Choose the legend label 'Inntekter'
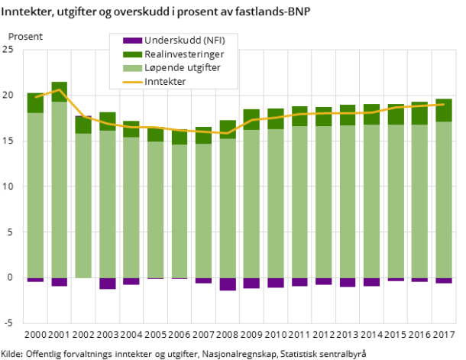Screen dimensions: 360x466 (x=165, y=82)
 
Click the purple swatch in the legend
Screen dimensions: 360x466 (x=132, y=41)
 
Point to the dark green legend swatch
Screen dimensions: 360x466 (x=132, y=54)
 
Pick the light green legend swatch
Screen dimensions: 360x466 (x=132, y=68)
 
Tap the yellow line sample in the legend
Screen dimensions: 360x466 (x=132, y=82)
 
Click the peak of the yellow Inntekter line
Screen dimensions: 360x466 (x=60, y=89)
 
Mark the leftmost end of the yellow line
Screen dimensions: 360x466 (x=35, y=97)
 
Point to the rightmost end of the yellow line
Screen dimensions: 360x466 (x=444, y=104)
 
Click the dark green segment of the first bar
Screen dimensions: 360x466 (x=35, y=102)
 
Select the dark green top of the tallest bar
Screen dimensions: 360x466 (x=60, y=92)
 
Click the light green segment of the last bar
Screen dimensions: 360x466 (x=444, y=199)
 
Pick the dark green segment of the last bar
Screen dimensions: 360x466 (x=444, y=110)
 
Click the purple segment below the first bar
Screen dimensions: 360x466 (x=35, y=280)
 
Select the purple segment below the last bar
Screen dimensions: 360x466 (x=444, y=281)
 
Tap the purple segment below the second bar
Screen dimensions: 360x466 (x=60, y=282)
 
